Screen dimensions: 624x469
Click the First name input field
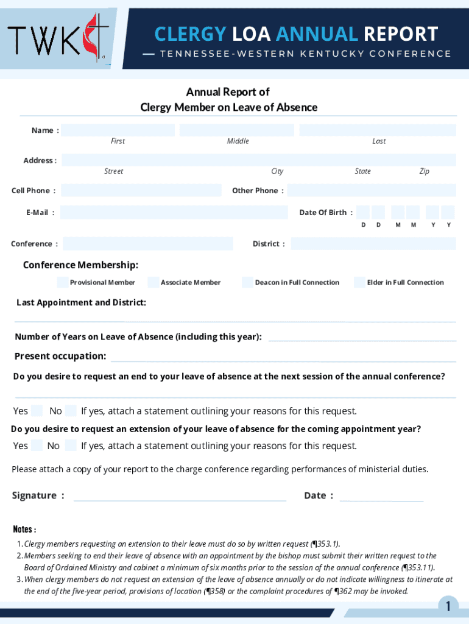[118, 130]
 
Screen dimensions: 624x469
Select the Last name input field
[378, 130]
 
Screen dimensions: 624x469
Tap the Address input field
[258, 160]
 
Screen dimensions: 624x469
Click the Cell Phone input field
[141, 190]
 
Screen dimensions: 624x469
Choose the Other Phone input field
[372, 190]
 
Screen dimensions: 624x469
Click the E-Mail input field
[174, 212]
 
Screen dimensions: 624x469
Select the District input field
[373, 244]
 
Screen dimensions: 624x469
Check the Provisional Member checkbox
[63, 282]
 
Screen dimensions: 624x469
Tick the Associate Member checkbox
[153, 282]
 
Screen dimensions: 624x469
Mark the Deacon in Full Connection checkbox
[247, 282]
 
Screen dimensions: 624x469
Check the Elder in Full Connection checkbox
[359, 282]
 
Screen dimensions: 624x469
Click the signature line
[180, 497]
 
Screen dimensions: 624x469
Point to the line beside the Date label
[381, 497]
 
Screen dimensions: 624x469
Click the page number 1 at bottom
[448, 606]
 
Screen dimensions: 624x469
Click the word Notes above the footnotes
[24, 529]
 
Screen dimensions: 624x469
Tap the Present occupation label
[60, 356]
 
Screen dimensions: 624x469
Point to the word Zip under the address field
[424, 171]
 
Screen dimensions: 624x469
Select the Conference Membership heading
[80, 264]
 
